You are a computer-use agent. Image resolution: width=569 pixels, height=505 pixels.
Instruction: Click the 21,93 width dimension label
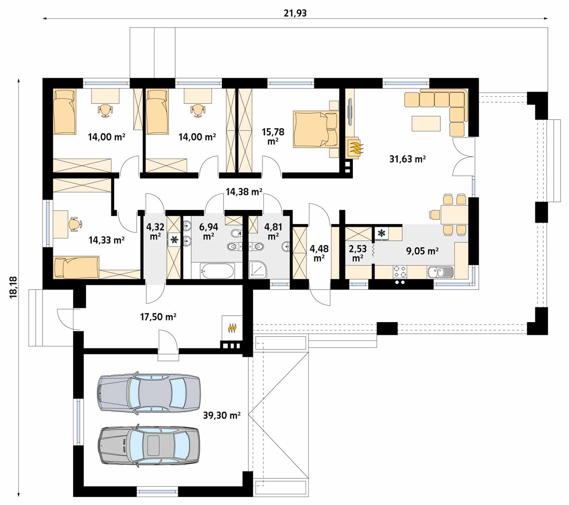pos(295,13)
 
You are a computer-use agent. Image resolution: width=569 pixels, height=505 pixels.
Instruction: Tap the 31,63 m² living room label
pos(407,159)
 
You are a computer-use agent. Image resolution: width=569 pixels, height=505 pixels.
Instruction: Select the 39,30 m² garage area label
pos(222,415)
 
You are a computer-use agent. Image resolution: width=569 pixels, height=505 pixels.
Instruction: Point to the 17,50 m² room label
pos(158,317)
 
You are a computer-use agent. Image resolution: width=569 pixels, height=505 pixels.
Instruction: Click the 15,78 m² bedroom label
pos(273,137)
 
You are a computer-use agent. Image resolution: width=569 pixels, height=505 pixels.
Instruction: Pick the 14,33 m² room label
pos(106,240)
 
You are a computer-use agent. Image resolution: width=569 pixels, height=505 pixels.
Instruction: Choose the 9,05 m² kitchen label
pos(422,251)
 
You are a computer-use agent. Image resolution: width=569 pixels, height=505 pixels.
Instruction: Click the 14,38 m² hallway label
pos(244,191)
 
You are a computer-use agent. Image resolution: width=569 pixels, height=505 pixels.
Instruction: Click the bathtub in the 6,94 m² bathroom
pos(217,271)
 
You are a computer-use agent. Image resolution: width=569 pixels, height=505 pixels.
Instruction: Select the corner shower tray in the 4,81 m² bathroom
pos(258,270)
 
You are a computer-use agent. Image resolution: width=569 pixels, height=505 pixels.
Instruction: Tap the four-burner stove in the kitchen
pos(400,272)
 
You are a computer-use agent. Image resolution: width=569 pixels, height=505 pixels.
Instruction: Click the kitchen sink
pos(440,272)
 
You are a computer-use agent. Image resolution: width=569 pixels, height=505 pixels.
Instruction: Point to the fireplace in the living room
pos(354,149)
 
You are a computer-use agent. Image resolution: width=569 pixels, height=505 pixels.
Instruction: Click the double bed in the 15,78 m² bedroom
pos(315,129)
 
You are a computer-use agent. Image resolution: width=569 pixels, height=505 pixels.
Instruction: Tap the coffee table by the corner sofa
pos(426,123)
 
